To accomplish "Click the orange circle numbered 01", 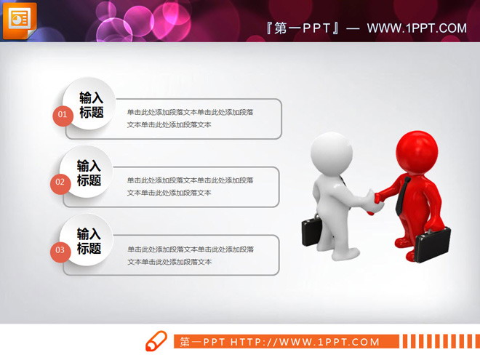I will (x=63, y=115).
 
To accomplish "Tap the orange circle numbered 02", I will (x=60, y=182).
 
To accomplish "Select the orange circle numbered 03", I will (x=60, y=250).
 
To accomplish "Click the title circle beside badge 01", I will (x=90, y=105).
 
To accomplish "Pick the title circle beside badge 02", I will (x=89, y=173).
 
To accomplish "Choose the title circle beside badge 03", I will (x=89, y=241).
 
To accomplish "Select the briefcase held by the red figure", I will (x=433, y=244).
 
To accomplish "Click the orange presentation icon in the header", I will (x=20, y=18).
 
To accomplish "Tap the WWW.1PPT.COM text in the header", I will (x=417, y=28).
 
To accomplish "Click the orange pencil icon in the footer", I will (x=156, y=341).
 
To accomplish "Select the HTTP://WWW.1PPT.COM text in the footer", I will (x=305, y=342).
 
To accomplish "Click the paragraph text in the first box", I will (x=191, y=118).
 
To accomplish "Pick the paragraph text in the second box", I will (x=191, y=186).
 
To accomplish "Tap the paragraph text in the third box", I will (x=191, y=255).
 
